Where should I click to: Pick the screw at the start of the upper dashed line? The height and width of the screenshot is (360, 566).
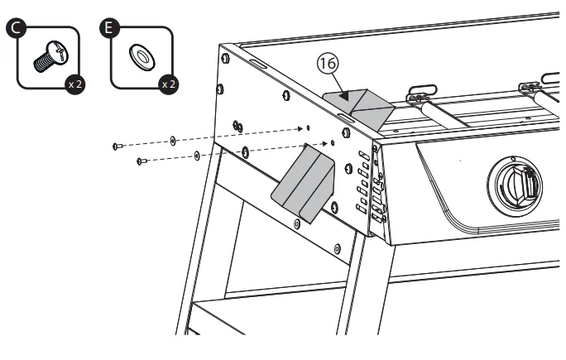(117, 146)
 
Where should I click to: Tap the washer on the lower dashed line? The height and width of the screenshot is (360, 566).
(196, 155)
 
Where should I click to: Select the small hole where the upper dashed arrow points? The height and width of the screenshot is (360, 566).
(308, 128)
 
